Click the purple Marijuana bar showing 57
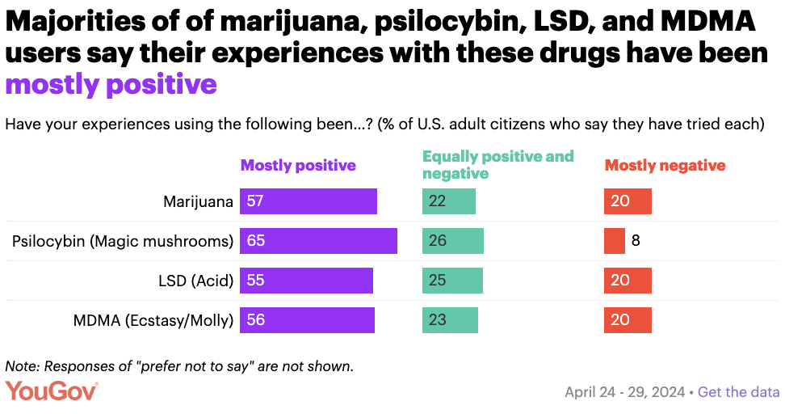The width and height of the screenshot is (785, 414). click(309, 201)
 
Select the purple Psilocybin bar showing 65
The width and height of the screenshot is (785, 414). click(318, 241)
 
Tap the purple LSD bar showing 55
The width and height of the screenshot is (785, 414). click(306, 281)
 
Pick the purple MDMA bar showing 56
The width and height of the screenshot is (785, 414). click(307, 320)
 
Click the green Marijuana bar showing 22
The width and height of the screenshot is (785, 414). click(449, 201)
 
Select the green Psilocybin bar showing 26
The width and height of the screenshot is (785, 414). click(453, 241)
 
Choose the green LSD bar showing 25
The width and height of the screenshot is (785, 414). click(452, 281)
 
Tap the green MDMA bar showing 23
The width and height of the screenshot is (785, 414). click(450, 320)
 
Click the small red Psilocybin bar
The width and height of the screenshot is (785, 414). click(614, 241)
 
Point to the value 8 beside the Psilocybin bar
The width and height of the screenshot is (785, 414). click(636, 241)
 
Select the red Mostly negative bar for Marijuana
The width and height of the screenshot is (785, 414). click(628, 201)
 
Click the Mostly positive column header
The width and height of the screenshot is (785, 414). click(298, 166)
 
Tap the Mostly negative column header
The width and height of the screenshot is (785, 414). click(665, 166)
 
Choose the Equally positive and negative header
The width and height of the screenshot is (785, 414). click(497, 164)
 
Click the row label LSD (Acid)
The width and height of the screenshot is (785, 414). click(195, 281)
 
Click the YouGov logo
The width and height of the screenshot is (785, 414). click(52, 391)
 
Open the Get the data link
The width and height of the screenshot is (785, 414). click(738, 392)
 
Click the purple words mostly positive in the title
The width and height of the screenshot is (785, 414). click(111, 83)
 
